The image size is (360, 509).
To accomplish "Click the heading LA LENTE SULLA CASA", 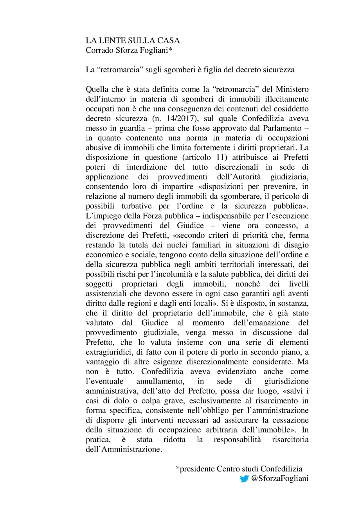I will coord(133,41).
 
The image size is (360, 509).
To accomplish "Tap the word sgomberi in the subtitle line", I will coord(166,70).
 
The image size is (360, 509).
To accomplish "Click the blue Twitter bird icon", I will coord(244,479).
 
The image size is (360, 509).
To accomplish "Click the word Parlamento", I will coord(282,128).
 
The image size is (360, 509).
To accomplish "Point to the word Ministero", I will coord(289,90).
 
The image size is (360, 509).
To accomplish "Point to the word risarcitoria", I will coord(290,440).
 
